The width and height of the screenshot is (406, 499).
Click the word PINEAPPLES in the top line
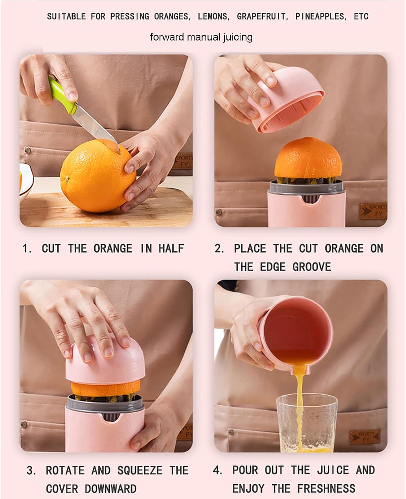click(x=320, y=16)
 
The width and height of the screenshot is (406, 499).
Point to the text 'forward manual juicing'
click(x=201, y=37)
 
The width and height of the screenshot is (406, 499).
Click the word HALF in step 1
click(x=171, y=249)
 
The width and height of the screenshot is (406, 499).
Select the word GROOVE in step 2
click(x=312, y=267)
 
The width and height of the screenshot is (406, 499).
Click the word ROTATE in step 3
click(x=65, y=470)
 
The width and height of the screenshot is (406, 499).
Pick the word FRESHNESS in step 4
click(x=326, y=488)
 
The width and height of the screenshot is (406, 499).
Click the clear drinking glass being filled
click(x=307, y=422)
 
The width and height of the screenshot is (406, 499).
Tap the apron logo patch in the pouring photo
click(x=365, y=436)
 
